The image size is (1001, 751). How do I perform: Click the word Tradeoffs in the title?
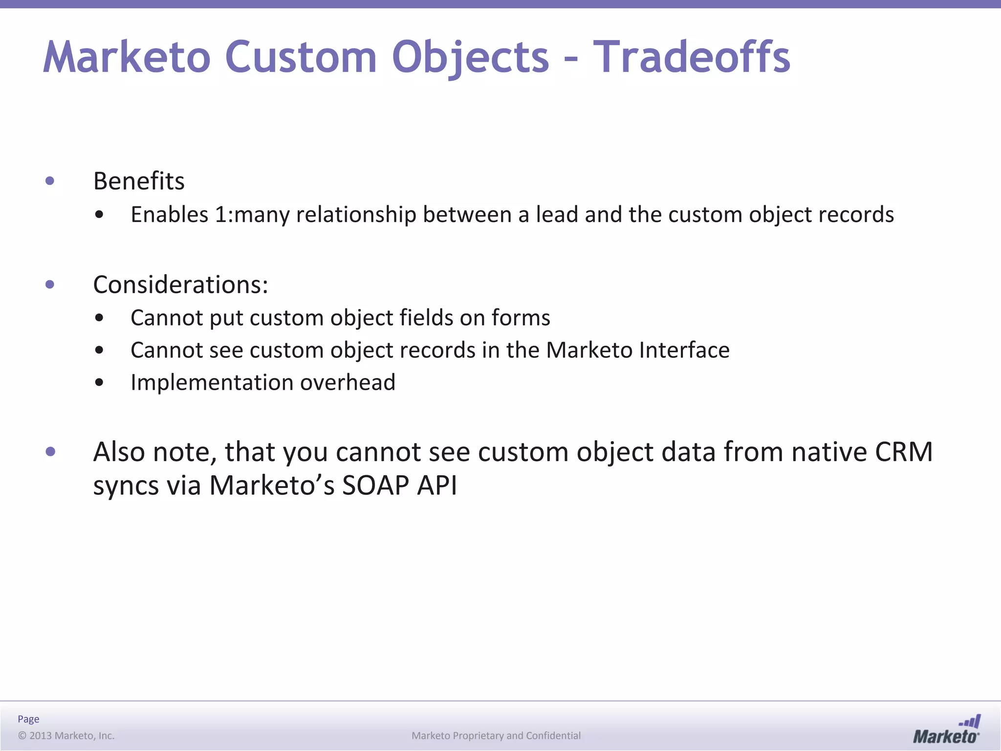tap(692, 57)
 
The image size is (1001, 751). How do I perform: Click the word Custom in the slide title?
tap(301, 57)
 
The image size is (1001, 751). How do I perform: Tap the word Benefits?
tap(139, 181)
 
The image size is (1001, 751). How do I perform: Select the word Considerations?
tap(180, 285)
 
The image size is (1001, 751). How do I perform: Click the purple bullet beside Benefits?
tap(50, 181)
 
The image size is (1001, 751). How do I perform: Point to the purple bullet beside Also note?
tap(50, 452)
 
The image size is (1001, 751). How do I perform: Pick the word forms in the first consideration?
tap(521, 318)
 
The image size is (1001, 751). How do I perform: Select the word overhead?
tap(348, 382)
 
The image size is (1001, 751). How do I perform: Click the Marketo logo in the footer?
tap(946, 729)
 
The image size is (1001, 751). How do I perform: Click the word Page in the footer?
tap(28, 719)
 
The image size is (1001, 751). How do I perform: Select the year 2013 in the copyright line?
tap(40, 735)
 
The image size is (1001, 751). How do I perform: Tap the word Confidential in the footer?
tap(553, 735)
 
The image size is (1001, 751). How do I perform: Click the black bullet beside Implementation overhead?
tap(99, 382)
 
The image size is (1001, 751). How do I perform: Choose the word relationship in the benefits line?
tap(356, 215)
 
